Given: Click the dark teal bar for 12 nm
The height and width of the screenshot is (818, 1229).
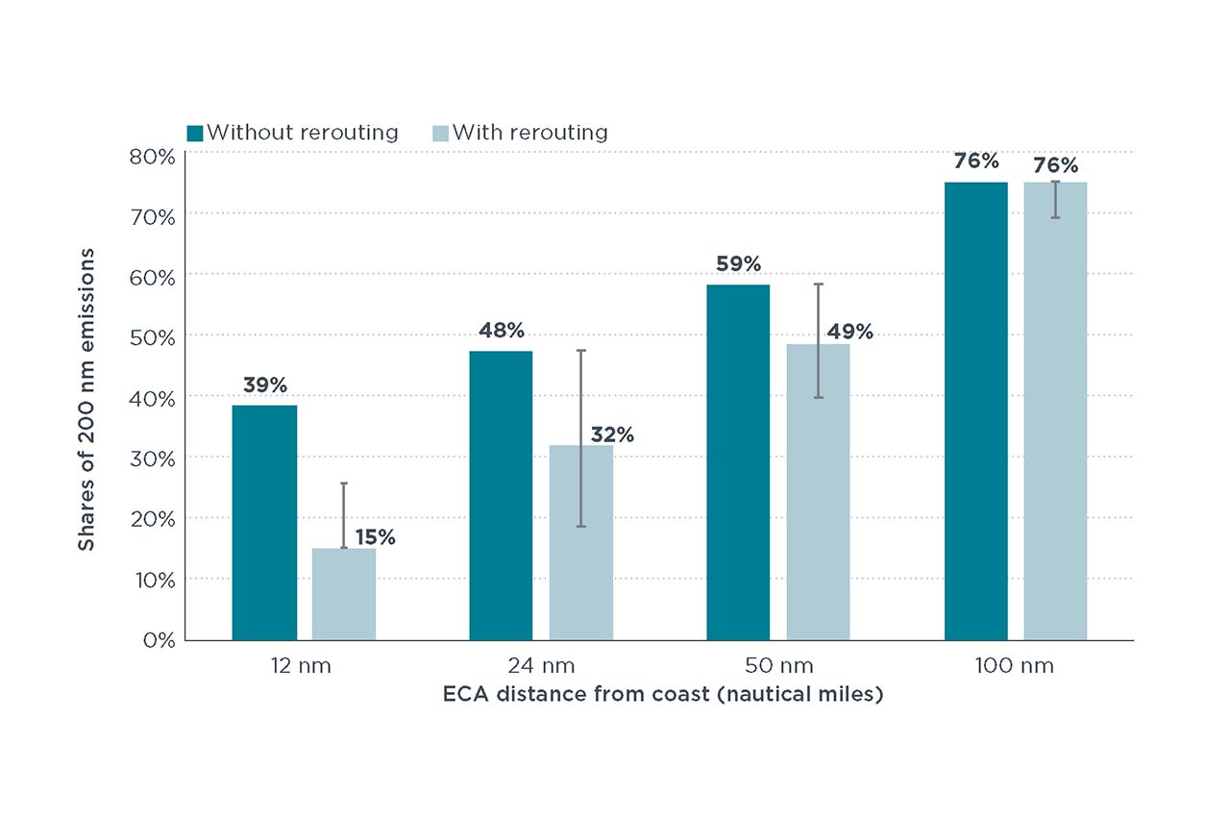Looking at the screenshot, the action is pyautogui.click(x=264, y=523).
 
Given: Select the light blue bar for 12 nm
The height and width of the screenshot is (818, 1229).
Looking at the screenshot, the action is pyautogui.click(x=344, y=594).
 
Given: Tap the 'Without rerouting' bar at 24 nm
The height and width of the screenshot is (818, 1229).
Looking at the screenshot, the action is pyautogui.click(x=501, y=495).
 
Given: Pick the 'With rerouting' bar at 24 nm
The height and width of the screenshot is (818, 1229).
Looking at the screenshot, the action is pyautogui.click(x=581, y=542).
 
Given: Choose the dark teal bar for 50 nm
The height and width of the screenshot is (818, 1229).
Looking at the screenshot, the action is pyautogui.click(x=738, y=462).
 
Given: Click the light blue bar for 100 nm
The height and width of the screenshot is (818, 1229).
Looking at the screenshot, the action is pyautogui.click(x=1055, y=411).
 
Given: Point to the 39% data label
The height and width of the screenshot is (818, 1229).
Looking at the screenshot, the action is pyautogui.click(x=265, y=385).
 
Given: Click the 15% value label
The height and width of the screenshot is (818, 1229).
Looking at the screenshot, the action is pyautogui.click(x=376, y=537).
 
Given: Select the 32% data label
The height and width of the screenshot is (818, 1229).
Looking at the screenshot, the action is pyautogui.click(x=612, y=434).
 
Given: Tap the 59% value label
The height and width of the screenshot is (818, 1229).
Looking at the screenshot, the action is pyautogui.click(x=739, y=264).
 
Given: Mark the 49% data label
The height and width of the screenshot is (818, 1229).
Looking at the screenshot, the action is pyautogui.click(x=849, y=332).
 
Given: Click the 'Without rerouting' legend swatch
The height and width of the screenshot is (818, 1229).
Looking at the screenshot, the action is pyautogui.click(x=195, y=133).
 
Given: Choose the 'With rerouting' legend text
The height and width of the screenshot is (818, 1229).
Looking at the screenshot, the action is pyautogui.click(x=530, y=133).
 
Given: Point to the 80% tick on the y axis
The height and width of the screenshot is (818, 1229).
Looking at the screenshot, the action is pyautogui.click(x=152, y=157).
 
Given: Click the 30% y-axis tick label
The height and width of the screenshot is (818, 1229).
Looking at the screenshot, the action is pyautogui.click(x=152, y=459).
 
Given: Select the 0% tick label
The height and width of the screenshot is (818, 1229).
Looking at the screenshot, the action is pyautogui.click(x=160, y=640).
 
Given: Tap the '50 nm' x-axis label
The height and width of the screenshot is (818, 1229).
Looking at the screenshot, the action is pyautogui.click(x=779, y=666).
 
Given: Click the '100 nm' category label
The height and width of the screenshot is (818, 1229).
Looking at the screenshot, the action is pyautogui.click(x=1015, y=666).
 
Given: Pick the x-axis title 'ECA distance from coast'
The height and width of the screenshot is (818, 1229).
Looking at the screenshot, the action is pyautogui.click(x=576, y=694).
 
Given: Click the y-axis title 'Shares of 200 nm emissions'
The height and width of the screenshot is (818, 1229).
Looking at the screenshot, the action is pyautogui.click(x=86, y=400).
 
